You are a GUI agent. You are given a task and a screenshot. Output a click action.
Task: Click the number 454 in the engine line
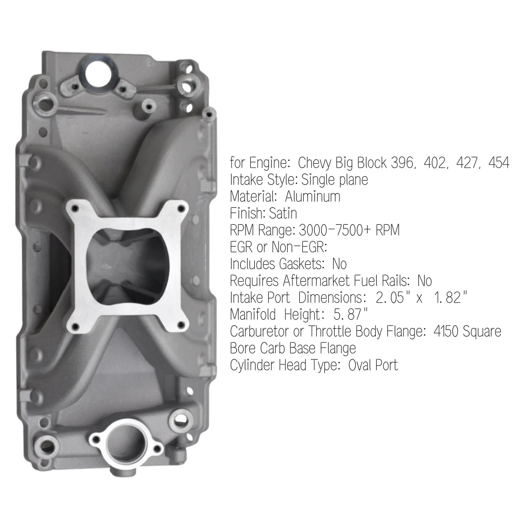coord(499,163)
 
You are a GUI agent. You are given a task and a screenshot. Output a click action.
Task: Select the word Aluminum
coord(312,197)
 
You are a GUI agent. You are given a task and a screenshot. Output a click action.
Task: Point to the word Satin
coord(283,213)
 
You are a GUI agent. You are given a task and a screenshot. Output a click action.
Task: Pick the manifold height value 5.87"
coord(351,314)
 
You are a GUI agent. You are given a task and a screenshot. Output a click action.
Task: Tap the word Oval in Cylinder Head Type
coord(360,365)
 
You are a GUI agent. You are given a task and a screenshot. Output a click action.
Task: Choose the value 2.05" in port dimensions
coord(390,297)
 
